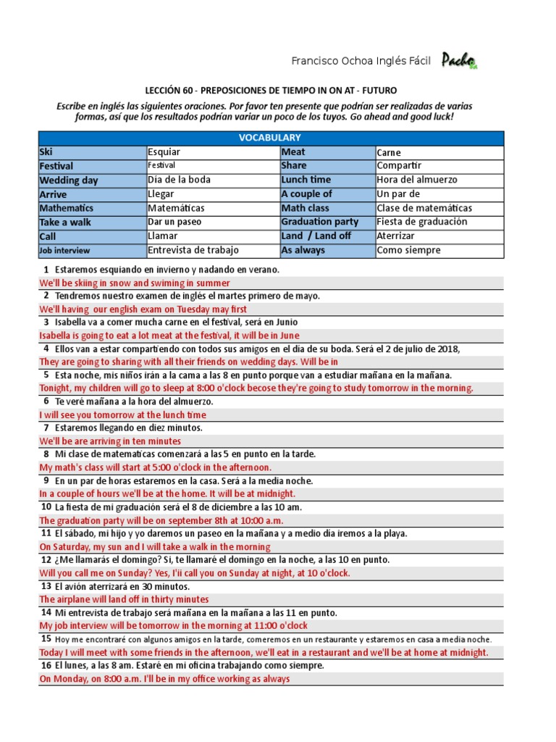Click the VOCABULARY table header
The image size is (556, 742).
(x=271, y=138)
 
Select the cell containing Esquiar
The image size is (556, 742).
(x=213, y=152)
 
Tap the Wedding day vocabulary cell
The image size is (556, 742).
(x=92, y=180)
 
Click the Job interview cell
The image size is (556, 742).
(x=92, y=250)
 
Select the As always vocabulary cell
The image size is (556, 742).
(x=327, y=250)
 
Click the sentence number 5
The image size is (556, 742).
(x=46, y=375)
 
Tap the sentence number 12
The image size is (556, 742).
(x=46, y=559)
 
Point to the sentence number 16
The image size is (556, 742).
(x=46, y=664)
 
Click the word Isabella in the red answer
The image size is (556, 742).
(x=58, y=335)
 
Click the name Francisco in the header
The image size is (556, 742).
(x=315, y=61)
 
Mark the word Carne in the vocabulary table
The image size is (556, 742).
(x=389, y=153)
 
